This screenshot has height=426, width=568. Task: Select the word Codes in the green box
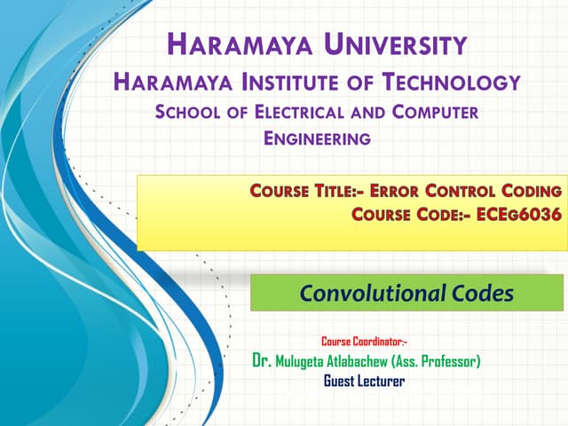click(x=479, y=293)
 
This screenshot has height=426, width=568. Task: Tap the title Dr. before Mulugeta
click(x=261, y=361)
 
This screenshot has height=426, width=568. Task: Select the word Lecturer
click(x=383, y=381)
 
